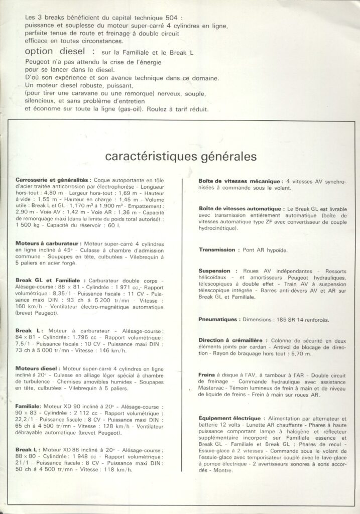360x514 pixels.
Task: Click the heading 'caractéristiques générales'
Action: (x=181, y=156)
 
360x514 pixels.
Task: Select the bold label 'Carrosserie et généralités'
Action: (x=53, y=179)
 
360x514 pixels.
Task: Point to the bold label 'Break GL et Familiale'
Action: (x=50, y=280)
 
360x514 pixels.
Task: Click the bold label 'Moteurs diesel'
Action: (x=38, y=368)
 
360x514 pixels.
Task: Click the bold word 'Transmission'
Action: (x=217, y=249)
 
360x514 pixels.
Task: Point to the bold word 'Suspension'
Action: (x=214, y=271)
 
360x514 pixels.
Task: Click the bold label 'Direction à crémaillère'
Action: (x=233, y=340)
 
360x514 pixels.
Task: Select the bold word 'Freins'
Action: (x=207, y=374)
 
